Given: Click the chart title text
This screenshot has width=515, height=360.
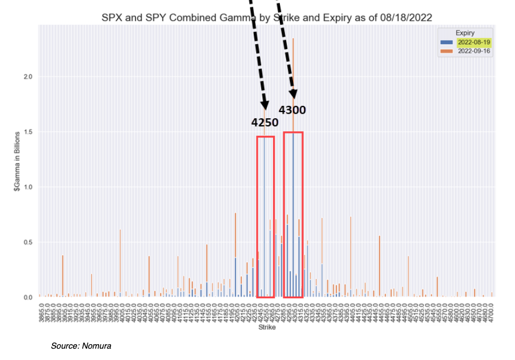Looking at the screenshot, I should pyautogui.click(x=267, y=18).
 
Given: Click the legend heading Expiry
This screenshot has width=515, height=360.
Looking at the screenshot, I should pyautogui.click(x=465, y=33).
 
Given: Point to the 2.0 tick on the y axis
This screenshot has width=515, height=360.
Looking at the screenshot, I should pyautogui.click(x=29, y=76).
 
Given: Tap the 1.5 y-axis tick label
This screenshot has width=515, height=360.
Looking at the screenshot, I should pyautogui.click(x=29, y=132).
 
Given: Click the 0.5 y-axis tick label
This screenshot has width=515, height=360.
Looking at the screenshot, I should pyautogui.click(x=29, y=242).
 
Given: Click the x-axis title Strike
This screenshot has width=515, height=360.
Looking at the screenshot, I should pyautogui.click(x=266, y=328).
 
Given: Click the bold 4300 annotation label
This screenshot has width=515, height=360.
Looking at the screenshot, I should pyautogui.click(x=292, y=110).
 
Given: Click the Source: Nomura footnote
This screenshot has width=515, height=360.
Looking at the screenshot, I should pyautogui.click(x=81, y=345).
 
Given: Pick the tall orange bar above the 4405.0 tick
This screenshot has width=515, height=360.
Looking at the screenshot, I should pyautogui.click(x=351, y=255).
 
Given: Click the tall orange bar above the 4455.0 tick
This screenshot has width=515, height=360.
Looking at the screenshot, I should pyautogui.click(x=380, y=266).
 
